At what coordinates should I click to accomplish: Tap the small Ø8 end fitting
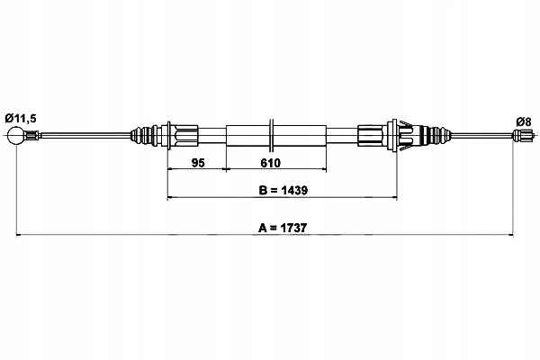(x=520, y=136)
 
